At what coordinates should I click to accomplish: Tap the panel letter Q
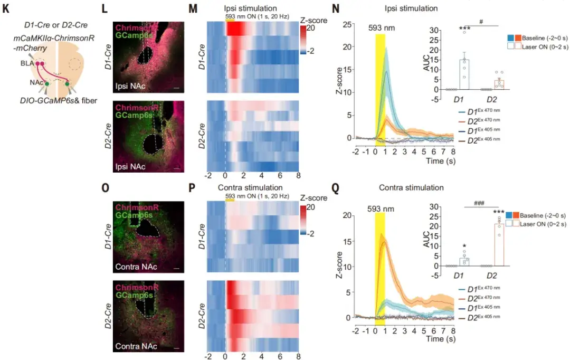pyautogui.click(x=334, y=187)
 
